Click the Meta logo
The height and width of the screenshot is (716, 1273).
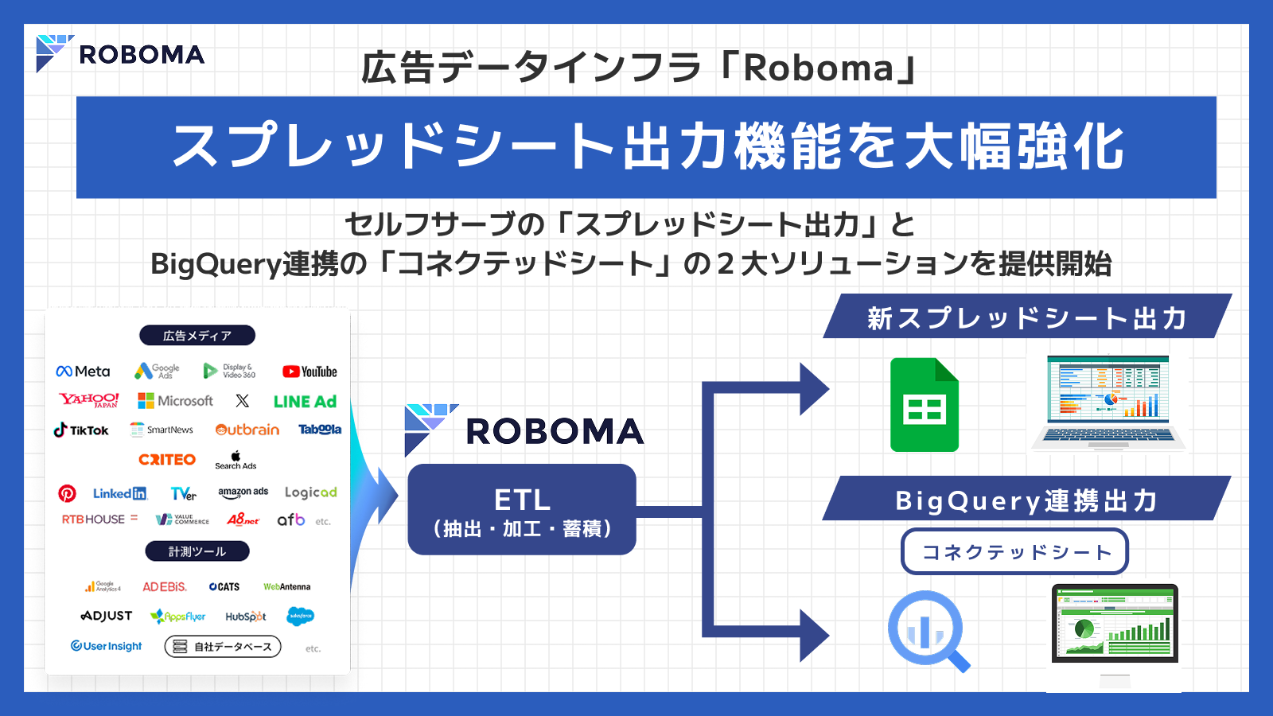(x=83, y=372)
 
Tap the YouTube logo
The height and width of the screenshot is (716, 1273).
(x=309, y=372)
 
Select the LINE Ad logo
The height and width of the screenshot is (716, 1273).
(x=305, y=402)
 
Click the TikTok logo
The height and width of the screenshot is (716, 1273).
(x=81, y=430)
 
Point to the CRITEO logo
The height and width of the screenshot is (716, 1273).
(x=167, y=460)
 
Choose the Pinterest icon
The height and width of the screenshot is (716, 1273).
(x=67, y=494)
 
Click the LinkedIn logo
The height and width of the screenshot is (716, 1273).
(x=119, y=494)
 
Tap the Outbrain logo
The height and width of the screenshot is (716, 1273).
(x=247, y=430)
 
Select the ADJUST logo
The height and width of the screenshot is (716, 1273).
(x=107, y=616)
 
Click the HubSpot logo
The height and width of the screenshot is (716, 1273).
(x=245, y=617)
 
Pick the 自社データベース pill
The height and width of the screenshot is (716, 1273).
(x=223, y=647)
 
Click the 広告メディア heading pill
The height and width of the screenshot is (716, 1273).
(x=197, y=336)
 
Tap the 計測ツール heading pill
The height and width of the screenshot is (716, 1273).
(x=197, y=551)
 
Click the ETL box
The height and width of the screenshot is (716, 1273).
(x=522, y=509)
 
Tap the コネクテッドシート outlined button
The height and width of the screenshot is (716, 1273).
(x=1014, y=551)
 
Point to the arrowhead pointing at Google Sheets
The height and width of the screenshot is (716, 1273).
(x=814, y=389)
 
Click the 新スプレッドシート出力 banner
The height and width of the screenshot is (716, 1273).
(x=1026, y=317)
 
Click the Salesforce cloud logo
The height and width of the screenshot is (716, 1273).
(x=300, y=616)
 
